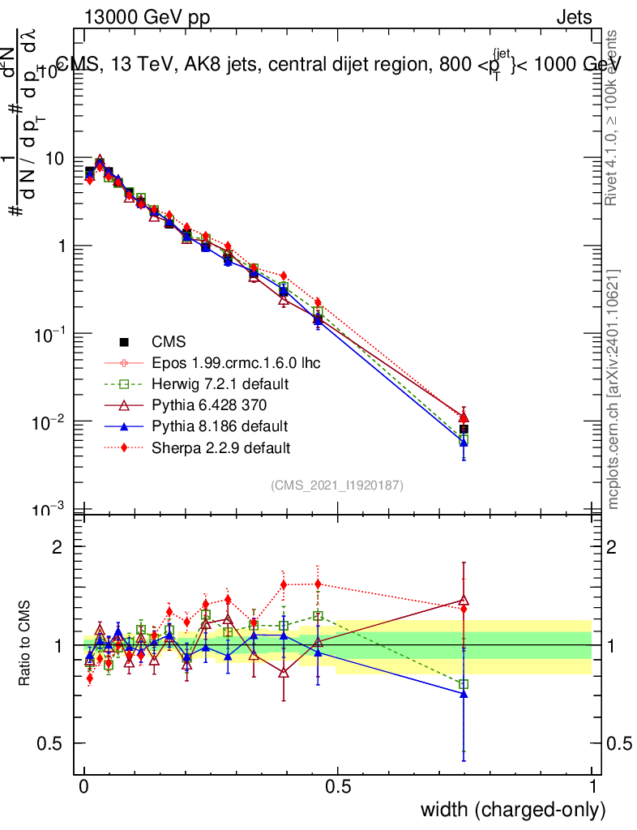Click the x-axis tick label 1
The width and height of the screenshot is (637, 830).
(x=592, y=787)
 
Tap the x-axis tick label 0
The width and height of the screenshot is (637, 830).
(x=84, y=787)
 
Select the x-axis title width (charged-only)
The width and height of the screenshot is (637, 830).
(x=512, y=810)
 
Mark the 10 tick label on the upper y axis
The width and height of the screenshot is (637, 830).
(x=57, y=159)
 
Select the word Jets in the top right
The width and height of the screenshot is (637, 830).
(x=573, y=18)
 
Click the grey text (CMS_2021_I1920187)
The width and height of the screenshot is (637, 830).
(x=337, y=486)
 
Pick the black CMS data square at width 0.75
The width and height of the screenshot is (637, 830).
(x=464, y=430)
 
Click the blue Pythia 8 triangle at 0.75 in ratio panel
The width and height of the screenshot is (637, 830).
(x=464, y=694)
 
